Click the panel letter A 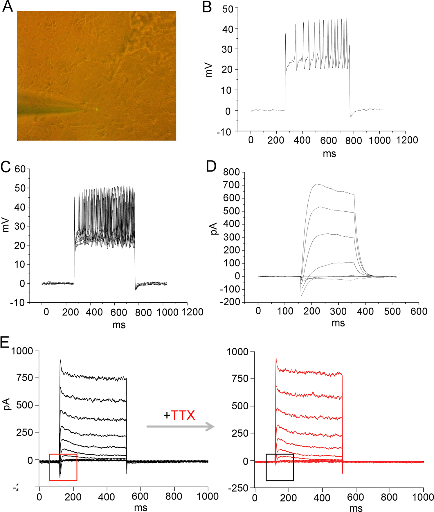coord(8,6)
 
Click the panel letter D coord(211,167)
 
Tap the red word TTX coord(183,415)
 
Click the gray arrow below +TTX coord(180,427)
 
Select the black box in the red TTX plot coord(280,467)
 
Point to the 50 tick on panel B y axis coord(228,9)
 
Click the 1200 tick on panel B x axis coord(407,140)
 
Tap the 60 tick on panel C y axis coord(20,169)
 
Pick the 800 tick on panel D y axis coord(231,172)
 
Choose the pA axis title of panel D coord(215,229)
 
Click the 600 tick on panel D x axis coord(419,311)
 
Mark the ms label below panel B coord(329,153)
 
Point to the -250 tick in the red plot coord(238,488)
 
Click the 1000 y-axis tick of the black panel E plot coord(22,351)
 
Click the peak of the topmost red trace coord(276,358)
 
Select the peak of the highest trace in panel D coord(317,184)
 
